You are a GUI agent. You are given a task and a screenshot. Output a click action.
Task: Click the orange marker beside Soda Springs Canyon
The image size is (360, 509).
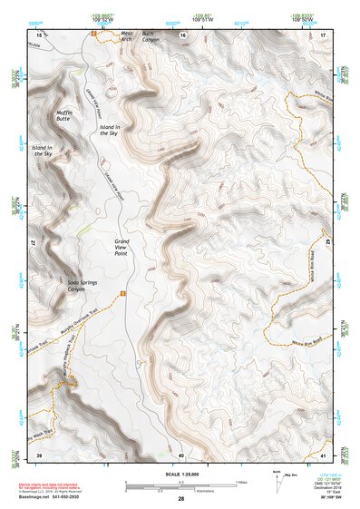pyautogui.click(x=122, y=292)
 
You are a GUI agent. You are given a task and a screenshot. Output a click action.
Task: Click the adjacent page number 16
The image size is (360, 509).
pyautogui.click(x=181, y=34)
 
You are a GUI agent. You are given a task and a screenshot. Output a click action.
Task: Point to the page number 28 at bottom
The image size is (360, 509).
pyautogui.click(x=181, y=498)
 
